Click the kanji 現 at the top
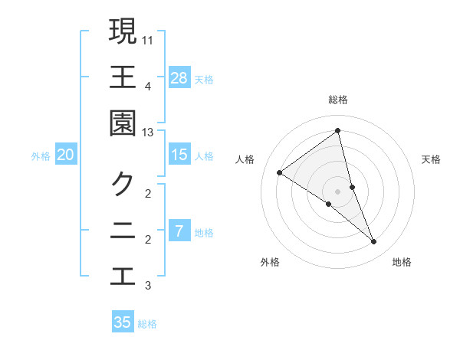coord(123,31)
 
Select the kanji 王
coord(123,77)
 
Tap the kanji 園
coord(123,123)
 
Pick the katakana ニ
coord(123,231)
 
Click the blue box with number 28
coord(179,78)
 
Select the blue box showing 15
coord(179,155)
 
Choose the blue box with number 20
coord(65,155)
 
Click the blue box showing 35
coord(123,322)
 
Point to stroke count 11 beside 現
coord(148,39)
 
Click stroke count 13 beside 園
coord(148,133)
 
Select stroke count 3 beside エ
coord(148,286)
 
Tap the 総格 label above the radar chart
coord(338,100)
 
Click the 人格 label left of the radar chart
coord(245,159)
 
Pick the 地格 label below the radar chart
coord(402,262)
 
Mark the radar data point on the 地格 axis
coord(374,241)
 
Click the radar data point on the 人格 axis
coord(280,172)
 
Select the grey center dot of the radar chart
coord(338,191)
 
